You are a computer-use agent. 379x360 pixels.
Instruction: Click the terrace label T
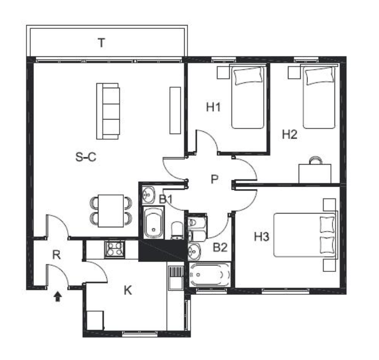click(x=101, y=43)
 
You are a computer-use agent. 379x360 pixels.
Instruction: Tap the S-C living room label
click(x=86, y=157)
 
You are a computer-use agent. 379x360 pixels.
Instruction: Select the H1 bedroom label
click(x=213, y=107)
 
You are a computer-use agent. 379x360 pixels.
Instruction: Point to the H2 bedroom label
click(x=289, y=134)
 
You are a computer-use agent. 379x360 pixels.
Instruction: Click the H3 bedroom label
click(x=261, y=237)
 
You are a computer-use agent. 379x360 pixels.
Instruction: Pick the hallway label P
click(x=214, y=179)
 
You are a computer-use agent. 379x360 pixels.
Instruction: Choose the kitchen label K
click(x=128, y=290)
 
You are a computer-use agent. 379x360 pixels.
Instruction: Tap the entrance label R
click(x=57, y=255)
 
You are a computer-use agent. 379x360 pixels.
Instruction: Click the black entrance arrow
click(x=57, y=296)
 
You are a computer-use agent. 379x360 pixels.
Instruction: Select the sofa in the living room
click(x=108, y=111)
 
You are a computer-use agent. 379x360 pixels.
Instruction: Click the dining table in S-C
click(x=111, y=211)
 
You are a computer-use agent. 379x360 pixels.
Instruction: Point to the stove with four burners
click(x=115, y=249)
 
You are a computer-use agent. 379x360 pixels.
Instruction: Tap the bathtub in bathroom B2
click(x=210, y=275)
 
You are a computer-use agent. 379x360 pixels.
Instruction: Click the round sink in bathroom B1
click(x=148, y=194)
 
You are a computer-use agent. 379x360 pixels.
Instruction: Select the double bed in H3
click(x=306, y=235)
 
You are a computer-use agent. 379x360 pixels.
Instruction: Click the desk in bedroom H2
click(x=315, y=173)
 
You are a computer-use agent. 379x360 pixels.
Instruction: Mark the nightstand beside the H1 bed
click(x=223, y=72)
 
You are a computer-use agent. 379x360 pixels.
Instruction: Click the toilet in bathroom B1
click(x=177, y=230)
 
